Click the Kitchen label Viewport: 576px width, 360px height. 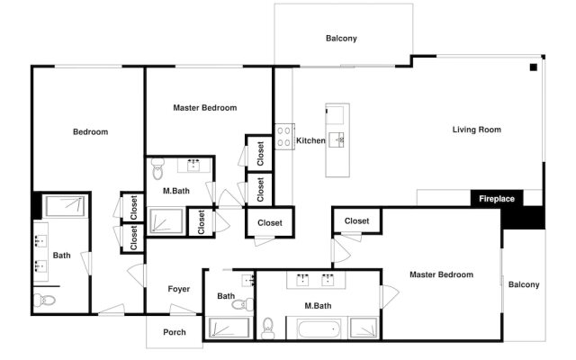click(310, 140)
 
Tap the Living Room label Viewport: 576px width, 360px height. click(476, 130)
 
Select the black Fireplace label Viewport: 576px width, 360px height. click(496, 198)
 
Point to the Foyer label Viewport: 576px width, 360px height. click(179, 289)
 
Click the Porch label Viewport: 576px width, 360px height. click(175, 332)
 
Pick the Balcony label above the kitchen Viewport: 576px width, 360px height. click(341, 38)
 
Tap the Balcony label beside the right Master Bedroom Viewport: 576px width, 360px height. click(524, 284)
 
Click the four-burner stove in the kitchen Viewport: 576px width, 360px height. click(284, 136)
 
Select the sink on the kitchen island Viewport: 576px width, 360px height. click(339, 139)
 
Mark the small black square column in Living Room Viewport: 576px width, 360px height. click(534, 67)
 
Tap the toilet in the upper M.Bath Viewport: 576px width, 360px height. click(158, 167)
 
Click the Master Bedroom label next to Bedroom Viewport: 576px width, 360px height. click(204, 108)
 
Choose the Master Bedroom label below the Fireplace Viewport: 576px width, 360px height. click(441, 274)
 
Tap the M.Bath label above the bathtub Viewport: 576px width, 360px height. click(319, 306)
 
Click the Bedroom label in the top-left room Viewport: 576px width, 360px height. click(90, 132)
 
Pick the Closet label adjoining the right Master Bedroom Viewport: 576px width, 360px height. click(356, 220)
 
